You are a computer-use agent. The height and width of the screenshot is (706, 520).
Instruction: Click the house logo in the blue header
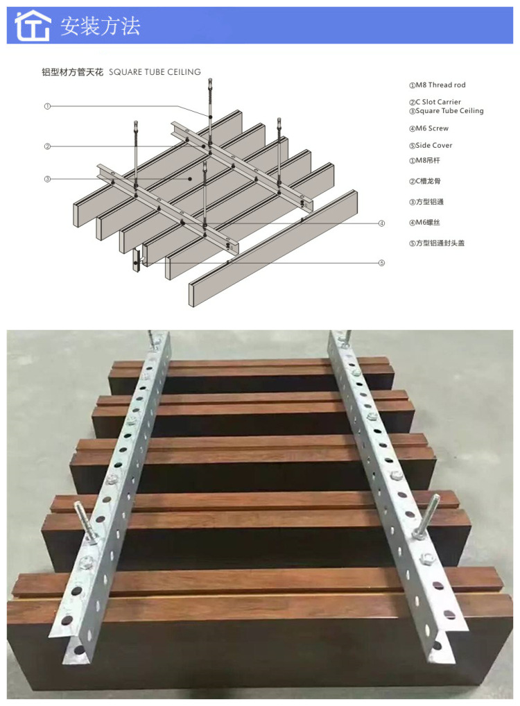(x=33, y=26)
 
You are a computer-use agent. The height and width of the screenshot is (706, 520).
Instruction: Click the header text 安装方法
(x=100, y=26)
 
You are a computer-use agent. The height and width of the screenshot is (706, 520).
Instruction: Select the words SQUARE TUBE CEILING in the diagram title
(x=155, y=71)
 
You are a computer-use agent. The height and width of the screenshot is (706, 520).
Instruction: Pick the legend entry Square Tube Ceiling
(x=446, y=111)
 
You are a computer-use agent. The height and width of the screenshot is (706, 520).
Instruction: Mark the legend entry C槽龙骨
(x=428, y=182)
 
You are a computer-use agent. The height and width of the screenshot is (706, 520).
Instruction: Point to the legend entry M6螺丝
(x=428, y=223)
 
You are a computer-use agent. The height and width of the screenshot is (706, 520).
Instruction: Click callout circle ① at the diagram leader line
(x=47, y=106)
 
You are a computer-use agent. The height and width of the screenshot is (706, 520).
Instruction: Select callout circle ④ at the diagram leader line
(x=381, y=223)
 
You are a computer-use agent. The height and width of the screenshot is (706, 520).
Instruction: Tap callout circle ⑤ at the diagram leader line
(x=381, y=263)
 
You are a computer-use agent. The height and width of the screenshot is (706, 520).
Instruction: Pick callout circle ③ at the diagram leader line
(x=47, y=179)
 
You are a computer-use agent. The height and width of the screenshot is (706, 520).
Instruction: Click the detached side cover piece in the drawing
(x=137, y=261)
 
